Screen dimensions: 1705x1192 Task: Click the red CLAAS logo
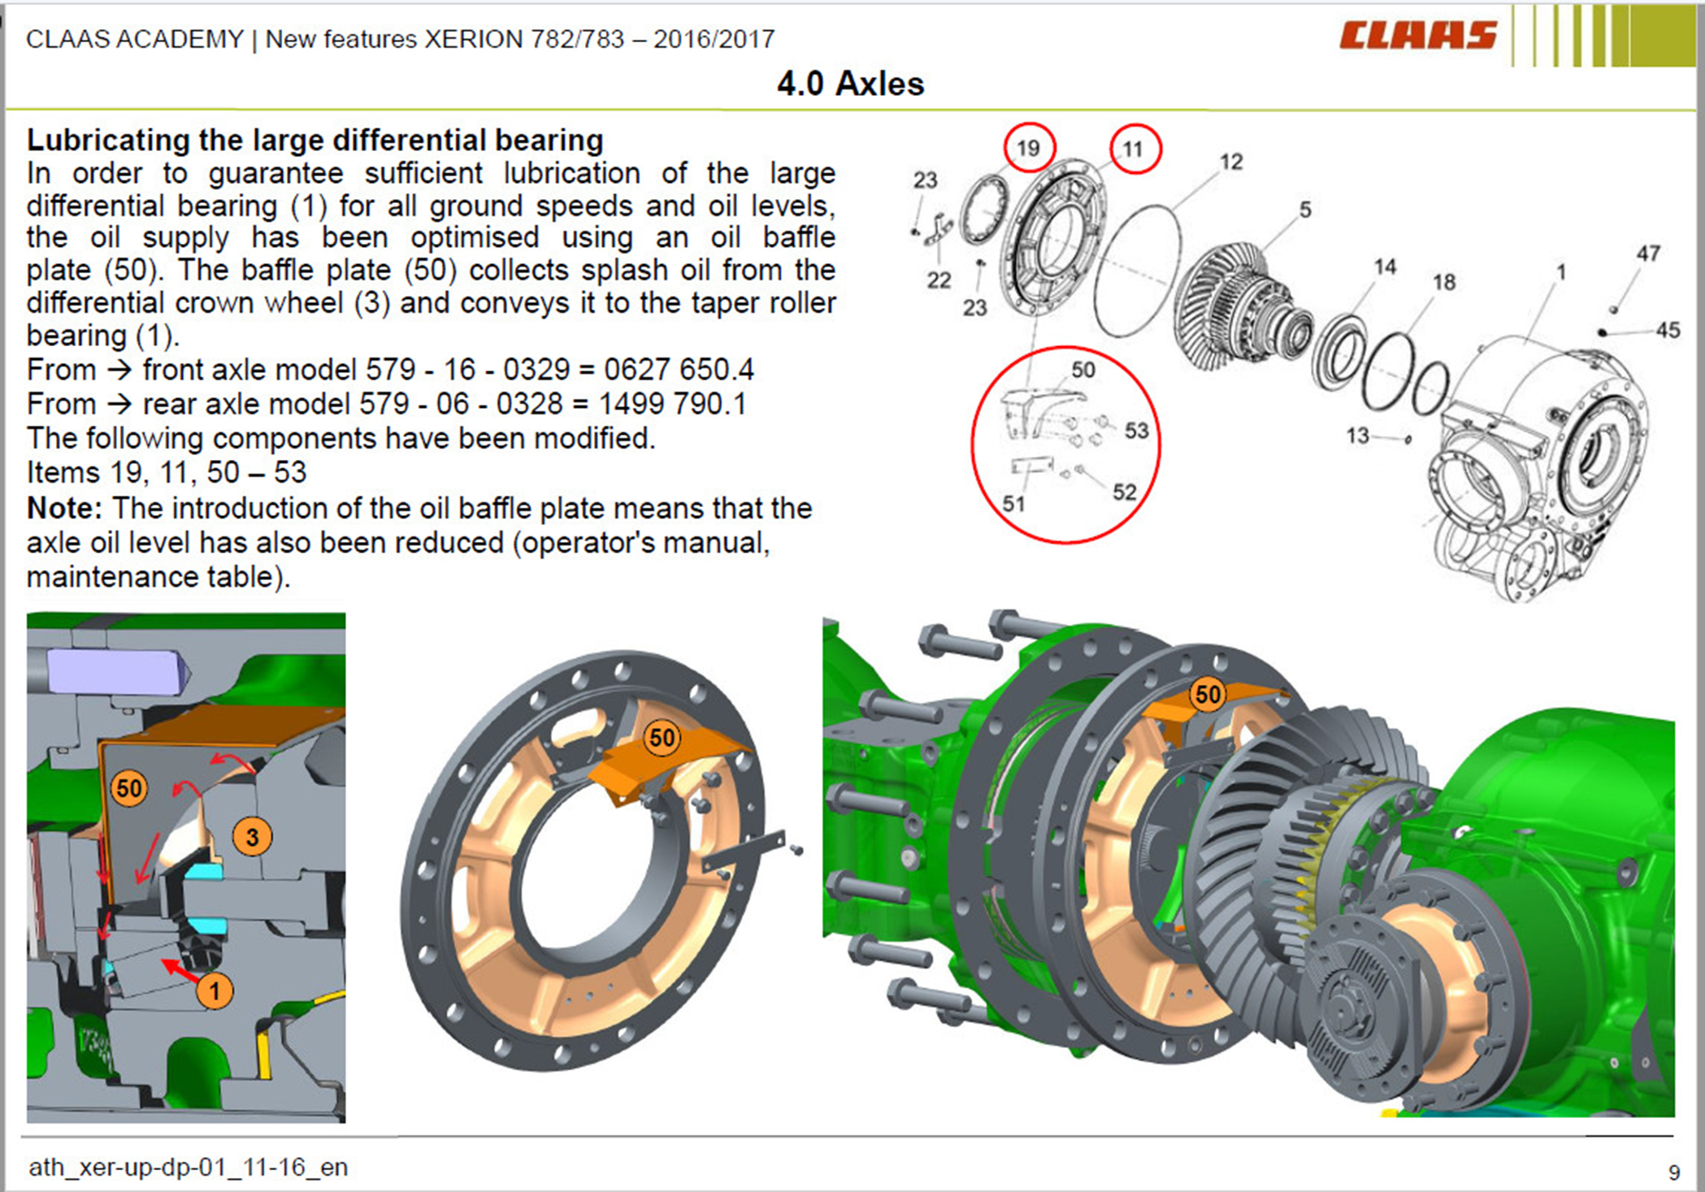[1417, 35]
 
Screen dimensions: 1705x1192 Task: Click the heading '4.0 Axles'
[850, 84]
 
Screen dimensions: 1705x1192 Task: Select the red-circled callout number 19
[1029, 148]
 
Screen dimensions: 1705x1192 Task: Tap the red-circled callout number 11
[1135, 149]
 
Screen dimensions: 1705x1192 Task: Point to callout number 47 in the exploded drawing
[1648, 254]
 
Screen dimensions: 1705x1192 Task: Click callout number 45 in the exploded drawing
[1668, 330]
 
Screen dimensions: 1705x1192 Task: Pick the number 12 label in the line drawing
[1231, 162]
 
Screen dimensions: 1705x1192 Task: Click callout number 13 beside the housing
[1357, 436]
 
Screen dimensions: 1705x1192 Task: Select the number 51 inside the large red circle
[1013, 504]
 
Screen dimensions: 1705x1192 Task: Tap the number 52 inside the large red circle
[1125, 492]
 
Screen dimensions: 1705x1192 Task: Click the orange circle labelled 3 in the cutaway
[252, 836]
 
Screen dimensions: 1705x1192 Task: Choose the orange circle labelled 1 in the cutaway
[215, 990]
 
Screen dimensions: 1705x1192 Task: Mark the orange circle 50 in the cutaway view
[129, 787]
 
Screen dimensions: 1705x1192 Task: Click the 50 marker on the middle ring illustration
[662, 738]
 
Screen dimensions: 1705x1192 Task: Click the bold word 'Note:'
[64, 508]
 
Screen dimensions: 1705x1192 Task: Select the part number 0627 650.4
[679, 370]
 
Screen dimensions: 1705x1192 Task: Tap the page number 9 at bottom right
[1674, 1172]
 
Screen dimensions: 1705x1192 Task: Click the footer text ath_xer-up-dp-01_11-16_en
[189, 1168]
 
